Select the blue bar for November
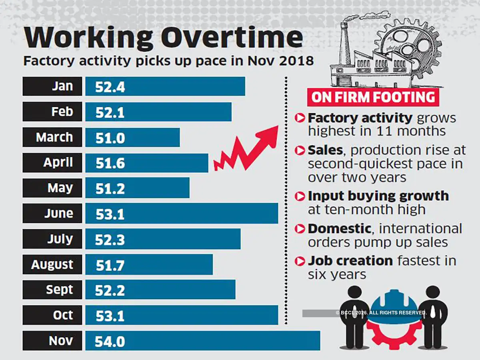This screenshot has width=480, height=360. tap(202, 341)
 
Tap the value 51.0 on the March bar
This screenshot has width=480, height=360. tap(110, 138)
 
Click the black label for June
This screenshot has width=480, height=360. tap(52, 214)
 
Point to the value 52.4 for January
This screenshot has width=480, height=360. tap(110, 87)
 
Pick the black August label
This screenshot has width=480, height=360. tap(52, 264)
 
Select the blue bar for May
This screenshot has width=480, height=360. tap(137, 188)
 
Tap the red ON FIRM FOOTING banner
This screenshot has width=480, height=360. tap(373, 97)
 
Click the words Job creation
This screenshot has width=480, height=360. tap(350, 261)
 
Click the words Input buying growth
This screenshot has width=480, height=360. tap(378, 196)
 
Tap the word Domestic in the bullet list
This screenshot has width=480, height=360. tap(339, 228)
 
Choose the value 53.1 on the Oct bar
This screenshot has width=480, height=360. tap(110, 316)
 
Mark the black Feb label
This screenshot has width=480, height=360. tap(52, 112)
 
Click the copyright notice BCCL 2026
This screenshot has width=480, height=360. tap(381, 313)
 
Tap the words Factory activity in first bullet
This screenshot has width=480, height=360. tap(360, 118)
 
